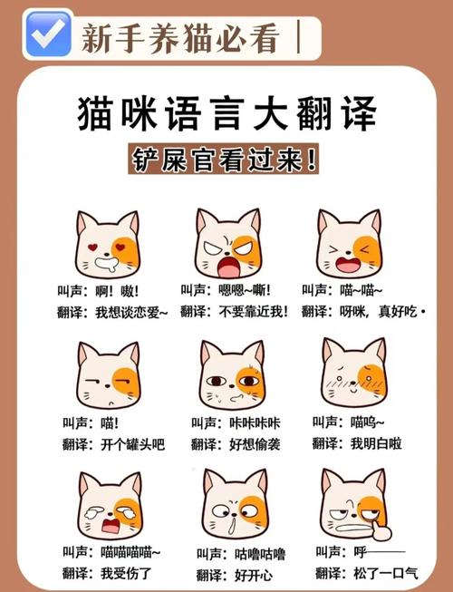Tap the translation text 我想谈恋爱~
point(131,311)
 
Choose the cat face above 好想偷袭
point(232,375)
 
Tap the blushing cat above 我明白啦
point(352,374)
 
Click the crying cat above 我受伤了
point(110,506)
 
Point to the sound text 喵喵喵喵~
point(131,551)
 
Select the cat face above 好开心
point(234,506)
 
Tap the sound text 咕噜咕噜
point(256,552)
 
